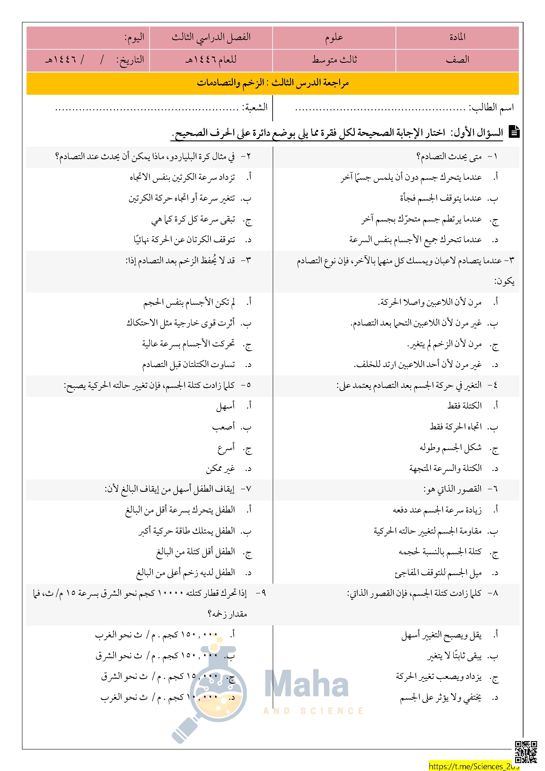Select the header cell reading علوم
point(334,37)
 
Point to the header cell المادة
point(457,37)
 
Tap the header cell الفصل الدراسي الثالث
point(211,37)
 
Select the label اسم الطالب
point(492,107)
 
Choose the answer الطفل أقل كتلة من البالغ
point(195,552)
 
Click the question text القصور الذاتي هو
point(452,489)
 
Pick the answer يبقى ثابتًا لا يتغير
point(454,656)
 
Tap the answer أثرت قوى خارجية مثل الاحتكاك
point(181,323)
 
